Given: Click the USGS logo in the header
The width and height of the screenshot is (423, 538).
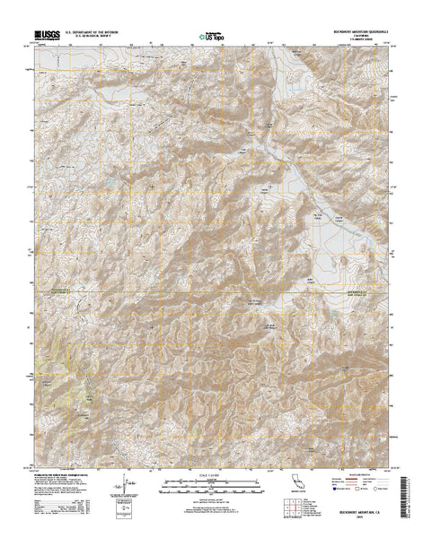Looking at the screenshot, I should point(48,37).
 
